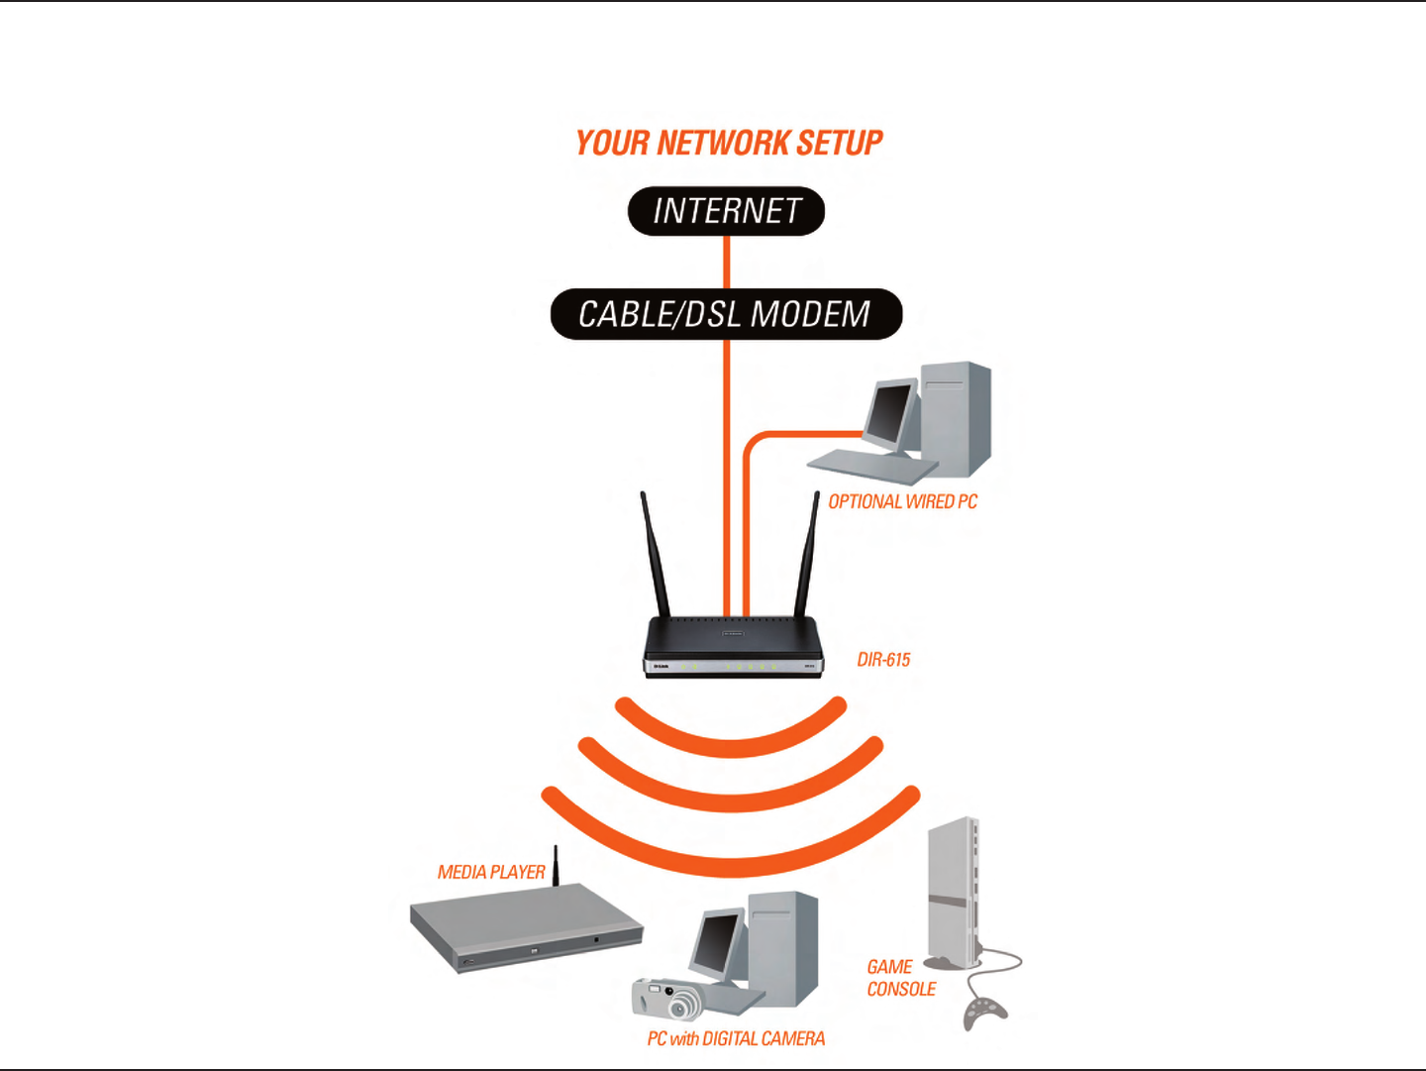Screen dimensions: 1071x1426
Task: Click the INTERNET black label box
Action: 726,211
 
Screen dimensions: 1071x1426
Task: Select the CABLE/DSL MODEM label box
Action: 726,314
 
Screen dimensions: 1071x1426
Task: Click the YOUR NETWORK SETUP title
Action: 729,144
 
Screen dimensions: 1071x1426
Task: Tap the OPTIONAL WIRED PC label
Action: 902,502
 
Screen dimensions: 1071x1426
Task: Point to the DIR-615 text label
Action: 883,660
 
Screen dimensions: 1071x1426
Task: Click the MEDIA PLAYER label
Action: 491,872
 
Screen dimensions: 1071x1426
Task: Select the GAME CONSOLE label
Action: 900,978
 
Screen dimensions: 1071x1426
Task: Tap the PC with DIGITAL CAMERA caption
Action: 736,1038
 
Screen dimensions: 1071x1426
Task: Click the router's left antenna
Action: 655,555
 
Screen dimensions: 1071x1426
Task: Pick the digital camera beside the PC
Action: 666,998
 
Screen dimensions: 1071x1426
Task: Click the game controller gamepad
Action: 985,1014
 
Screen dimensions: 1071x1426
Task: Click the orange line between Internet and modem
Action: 726,262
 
